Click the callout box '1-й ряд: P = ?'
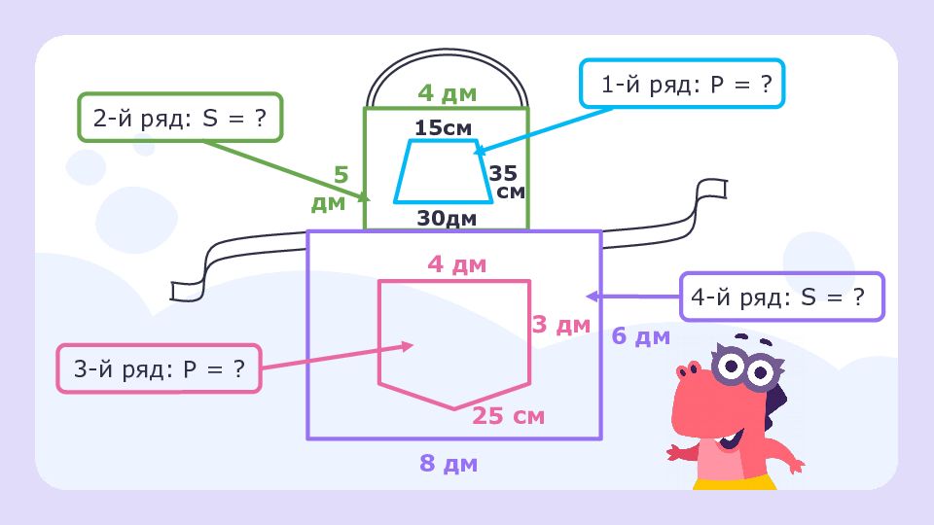682,84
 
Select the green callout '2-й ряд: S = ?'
180,118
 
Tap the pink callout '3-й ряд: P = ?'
159,368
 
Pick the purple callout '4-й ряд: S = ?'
782,297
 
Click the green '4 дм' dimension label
448,93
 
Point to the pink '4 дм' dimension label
457,263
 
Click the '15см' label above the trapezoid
444,127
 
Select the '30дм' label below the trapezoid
447,218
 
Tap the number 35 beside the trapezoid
503,173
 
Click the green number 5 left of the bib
341,175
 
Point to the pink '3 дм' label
561,325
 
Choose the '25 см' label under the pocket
508,415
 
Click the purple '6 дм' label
641,336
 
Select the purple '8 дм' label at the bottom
449,463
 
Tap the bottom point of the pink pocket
454,409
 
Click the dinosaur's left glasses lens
728,365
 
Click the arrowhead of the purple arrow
592,296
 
